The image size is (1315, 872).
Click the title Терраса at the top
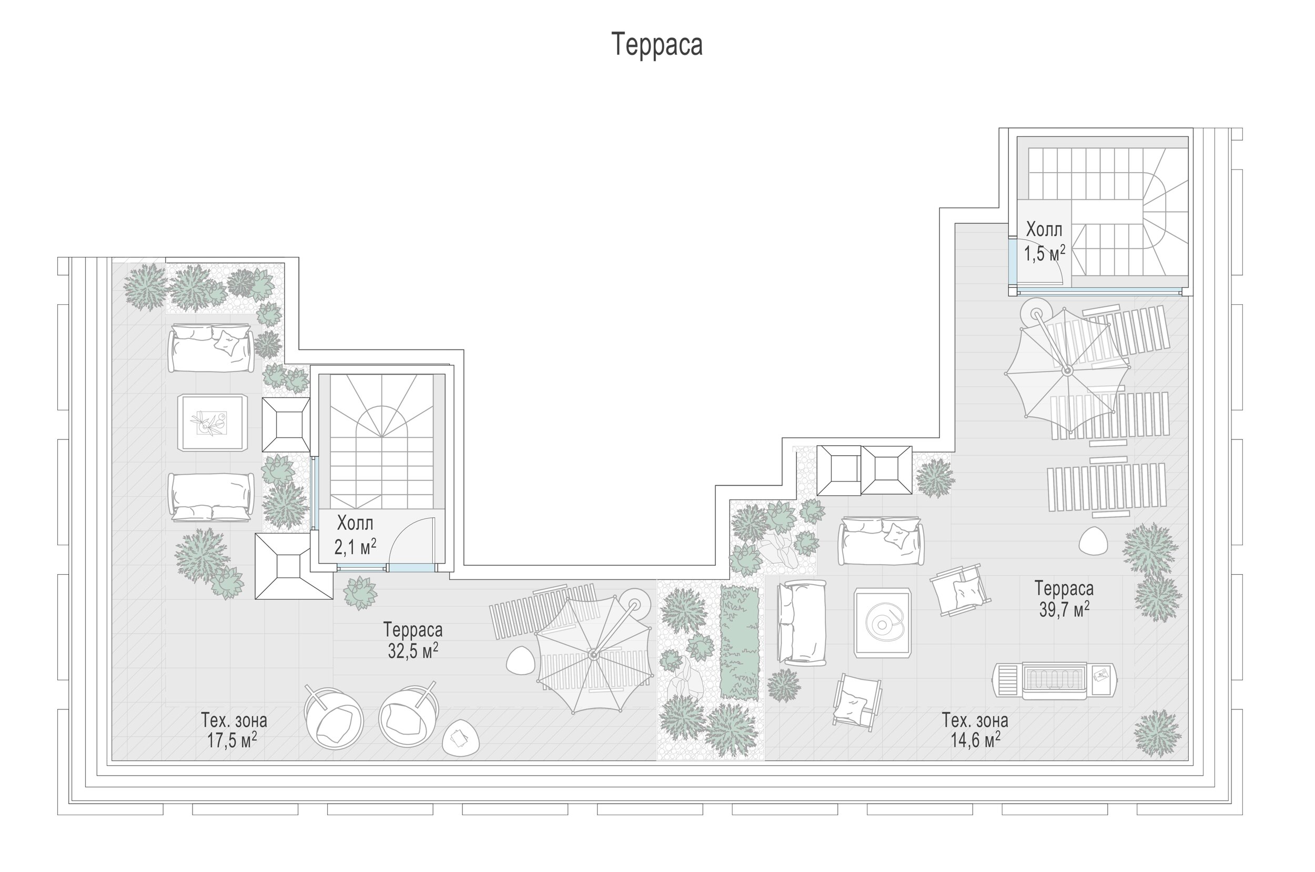tap(657, 45)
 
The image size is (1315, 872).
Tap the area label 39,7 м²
tap(1064, 610)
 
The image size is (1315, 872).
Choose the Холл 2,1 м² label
tap(356, 536)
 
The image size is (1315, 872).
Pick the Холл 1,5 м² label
tap(1045, 242)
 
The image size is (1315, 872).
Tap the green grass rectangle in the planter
tap(740, 642)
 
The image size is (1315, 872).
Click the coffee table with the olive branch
tap(213, 423)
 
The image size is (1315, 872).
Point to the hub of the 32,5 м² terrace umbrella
tap(593, 655)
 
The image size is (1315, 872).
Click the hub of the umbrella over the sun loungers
tap(1067, 370)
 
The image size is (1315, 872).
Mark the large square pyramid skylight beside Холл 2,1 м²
tap(294, 566)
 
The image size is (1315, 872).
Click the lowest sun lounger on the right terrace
tap(1106, 486)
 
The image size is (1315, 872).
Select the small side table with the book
tap(461, 738)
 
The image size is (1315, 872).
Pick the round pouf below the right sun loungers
tap(1093, 540)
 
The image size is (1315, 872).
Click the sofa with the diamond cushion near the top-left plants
tap(211, 347)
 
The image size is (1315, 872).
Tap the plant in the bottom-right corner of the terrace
tap(1157, 733)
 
